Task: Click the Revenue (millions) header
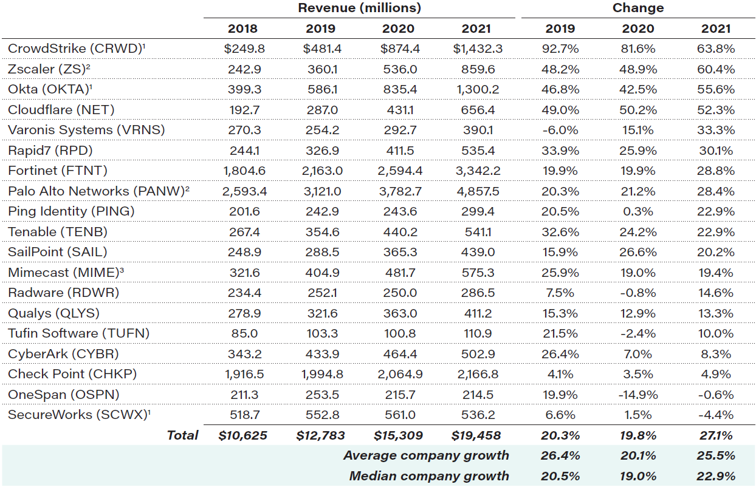click(x=359, y=9)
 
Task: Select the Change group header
click(x=638, y=9)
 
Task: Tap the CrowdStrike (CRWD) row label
click(x=75, y=49)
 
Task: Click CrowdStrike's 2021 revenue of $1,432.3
click(x=477, y=49)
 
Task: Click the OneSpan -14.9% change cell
click(x=638, y=395)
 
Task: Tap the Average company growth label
click(x=426, y=455)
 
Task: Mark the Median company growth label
click(x=429, y=476)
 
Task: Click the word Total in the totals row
click(x=182, y=435)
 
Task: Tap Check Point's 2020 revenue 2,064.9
click(x=399, y=374)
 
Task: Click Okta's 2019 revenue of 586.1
click(x=320, y=89)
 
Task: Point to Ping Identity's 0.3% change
click(x=638, y=211)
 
